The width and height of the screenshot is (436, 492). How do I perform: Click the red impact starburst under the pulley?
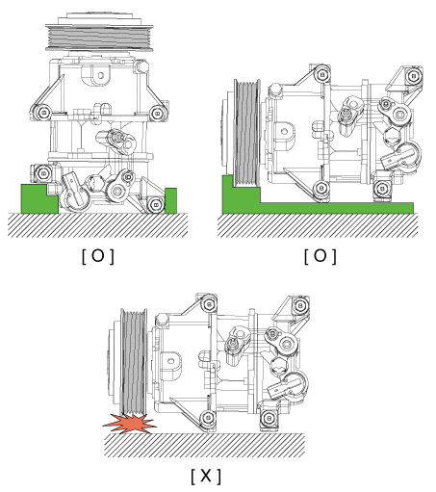[130, 424]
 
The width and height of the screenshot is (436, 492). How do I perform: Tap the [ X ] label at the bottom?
[206, 476]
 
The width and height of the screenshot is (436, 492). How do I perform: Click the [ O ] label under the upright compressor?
[98, 256]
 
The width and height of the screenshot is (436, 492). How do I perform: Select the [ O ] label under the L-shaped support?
[321, 256]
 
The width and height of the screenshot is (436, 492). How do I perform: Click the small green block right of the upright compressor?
[170, 200]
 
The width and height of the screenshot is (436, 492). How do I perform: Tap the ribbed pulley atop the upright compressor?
[99, 38]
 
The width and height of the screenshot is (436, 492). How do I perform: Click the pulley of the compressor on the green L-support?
[246, 133]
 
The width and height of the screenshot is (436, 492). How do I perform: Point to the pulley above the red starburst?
[134, 362]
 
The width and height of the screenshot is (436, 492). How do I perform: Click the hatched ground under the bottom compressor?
[204, 445]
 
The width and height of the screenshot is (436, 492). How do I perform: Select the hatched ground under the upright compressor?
[98, 225]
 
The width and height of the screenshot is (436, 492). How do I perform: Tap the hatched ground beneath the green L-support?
[318, 225]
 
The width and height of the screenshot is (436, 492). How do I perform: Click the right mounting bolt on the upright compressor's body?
[157, 113]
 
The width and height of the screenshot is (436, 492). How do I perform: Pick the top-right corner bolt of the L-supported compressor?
[413, 76]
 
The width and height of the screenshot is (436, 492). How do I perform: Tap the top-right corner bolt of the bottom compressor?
[300, 305]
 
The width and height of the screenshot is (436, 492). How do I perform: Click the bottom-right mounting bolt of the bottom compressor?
[269, 418]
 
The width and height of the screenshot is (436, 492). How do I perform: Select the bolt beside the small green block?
[156, 204]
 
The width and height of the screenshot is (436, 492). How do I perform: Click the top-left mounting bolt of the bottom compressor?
[209, 304]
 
